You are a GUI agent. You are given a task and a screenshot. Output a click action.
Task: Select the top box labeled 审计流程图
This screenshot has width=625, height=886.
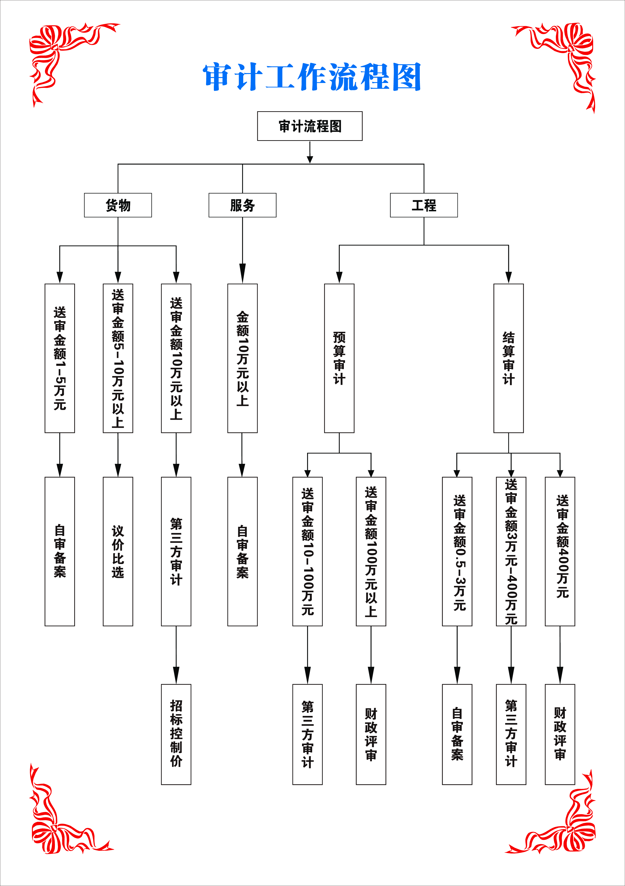[310, 126]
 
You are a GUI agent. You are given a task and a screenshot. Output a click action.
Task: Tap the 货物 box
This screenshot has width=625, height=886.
[118, 205]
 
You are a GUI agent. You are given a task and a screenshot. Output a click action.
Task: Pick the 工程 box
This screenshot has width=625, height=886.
[424, 205]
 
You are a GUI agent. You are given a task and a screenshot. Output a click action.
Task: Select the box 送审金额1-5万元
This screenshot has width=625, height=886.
[60, 358]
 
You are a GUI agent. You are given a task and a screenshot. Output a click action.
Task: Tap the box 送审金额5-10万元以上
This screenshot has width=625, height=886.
[118, 358]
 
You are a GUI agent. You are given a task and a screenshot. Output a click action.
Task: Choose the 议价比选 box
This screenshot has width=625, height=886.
[118, 551]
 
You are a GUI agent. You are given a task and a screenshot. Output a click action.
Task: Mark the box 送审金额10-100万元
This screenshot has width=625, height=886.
[307, 551]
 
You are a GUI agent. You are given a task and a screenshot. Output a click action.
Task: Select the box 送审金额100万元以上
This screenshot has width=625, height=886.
[371, 551]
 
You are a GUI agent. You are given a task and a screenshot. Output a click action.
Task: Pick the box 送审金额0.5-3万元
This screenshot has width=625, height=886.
[457, 551]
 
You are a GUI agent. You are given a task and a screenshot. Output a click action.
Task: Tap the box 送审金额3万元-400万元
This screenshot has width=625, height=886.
[511, 551]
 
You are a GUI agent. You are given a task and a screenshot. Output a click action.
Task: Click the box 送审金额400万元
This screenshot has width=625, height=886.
[560, 551]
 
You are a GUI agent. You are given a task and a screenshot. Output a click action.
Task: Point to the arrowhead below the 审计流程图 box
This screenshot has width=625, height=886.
[310, 159]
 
